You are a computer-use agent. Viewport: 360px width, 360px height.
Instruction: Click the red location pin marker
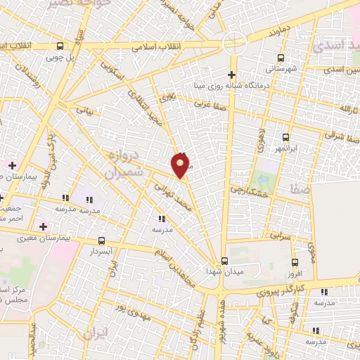pos(181,166)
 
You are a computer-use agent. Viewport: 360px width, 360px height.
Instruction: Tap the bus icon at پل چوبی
pos(60,46)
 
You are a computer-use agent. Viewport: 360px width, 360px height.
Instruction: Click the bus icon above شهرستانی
pos(281,58)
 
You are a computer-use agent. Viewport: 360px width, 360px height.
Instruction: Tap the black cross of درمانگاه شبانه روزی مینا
pos(232,75)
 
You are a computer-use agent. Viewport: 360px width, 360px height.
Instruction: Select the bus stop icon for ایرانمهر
pos(285,138)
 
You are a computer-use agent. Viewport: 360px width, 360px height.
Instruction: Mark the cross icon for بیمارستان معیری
pos(44,226)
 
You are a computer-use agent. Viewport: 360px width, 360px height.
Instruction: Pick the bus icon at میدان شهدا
pos(224,260)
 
